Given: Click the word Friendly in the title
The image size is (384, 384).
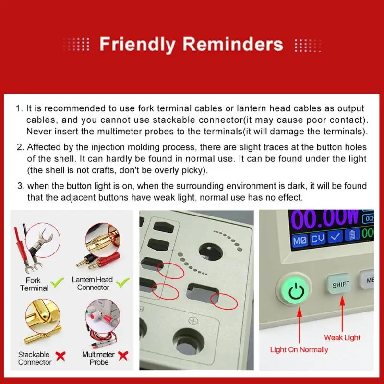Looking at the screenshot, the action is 137,45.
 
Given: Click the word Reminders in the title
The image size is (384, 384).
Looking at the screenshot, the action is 233,44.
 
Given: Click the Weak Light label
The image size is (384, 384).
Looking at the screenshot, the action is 342,338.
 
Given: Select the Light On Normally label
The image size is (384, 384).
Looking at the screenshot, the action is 299,350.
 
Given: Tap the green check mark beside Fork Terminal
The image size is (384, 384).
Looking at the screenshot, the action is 57,283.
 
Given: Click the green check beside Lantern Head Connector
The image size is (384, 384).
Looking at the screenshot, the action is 123,283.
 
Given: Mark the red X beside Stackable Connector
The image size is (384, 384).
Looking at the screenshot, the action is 60,356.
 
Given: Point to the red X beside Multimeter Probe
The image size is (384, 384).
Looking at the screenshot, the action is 123,356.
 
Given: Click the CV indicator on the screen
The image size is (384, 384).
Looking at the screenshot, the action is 318,238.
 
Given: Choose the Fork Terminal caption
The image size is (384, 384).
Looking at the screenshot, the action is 34,284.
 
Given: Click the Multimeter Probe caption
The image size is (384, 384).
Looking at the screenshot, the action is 98,358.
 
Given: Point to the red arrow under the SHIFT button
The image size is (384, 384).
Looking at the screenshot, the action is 342,314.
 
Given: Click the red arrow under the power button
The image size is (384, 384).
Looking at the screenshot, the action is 299,325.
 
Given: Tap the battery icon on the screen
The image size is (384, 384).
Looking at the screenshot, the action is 352,234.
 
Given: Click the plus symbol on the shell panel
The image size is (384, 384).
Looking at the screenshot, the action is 193,321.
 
